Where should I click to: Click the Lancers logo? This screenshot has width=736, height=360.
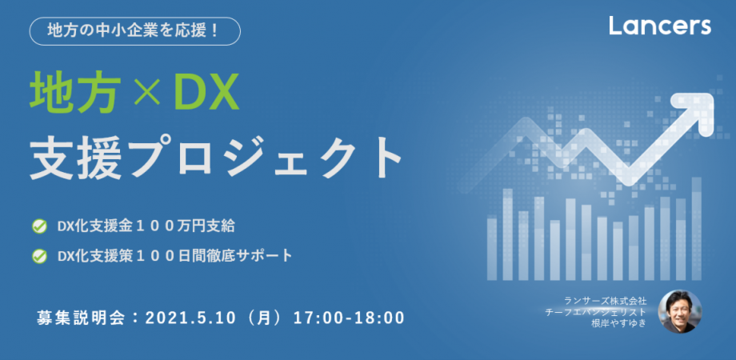pos(659,26)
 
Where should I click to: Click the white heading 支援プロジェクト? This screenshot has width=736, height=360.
pos(215,158)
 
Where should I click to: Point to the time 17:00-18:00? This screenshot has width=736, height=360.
pos(347,317)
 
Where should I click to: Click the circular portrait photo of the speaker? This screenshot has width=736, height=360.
pos(679,311)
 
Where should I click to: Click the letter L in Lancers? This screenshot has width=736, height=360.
pos(615,26)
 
